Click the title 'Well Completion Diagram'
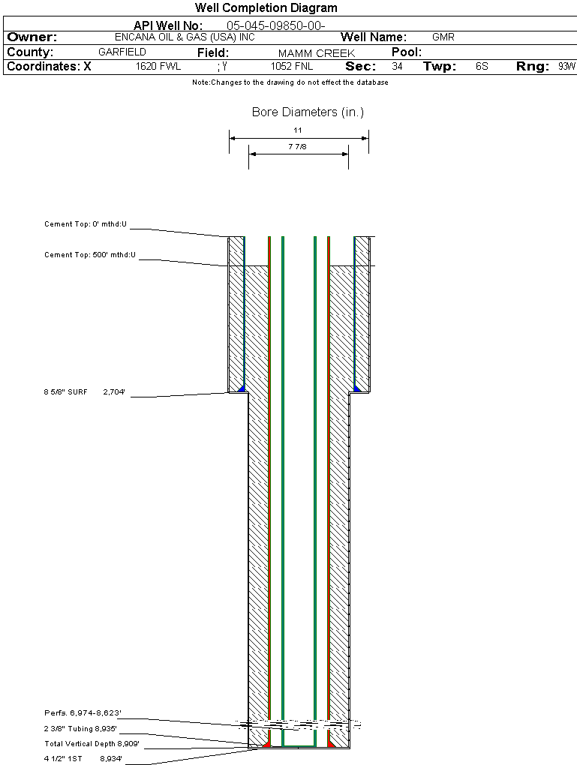266,8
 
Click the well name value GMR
443,37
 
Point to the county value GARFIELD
122,52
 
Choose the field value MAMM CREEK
316,53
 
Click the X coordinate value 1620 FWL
158,67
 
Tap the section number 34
397,67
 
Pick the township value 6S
482,67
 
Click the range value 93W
566,67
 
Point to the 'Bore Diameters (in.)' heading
308,112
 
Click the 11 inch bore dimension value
298,130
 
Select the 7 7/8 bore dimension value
297,147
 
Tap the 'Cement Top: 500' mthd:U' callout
90,255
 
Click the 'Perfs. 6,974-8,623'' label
83,712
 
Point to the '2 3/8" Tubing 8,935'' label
81,728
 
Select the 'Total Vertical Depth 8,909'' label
92,744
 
